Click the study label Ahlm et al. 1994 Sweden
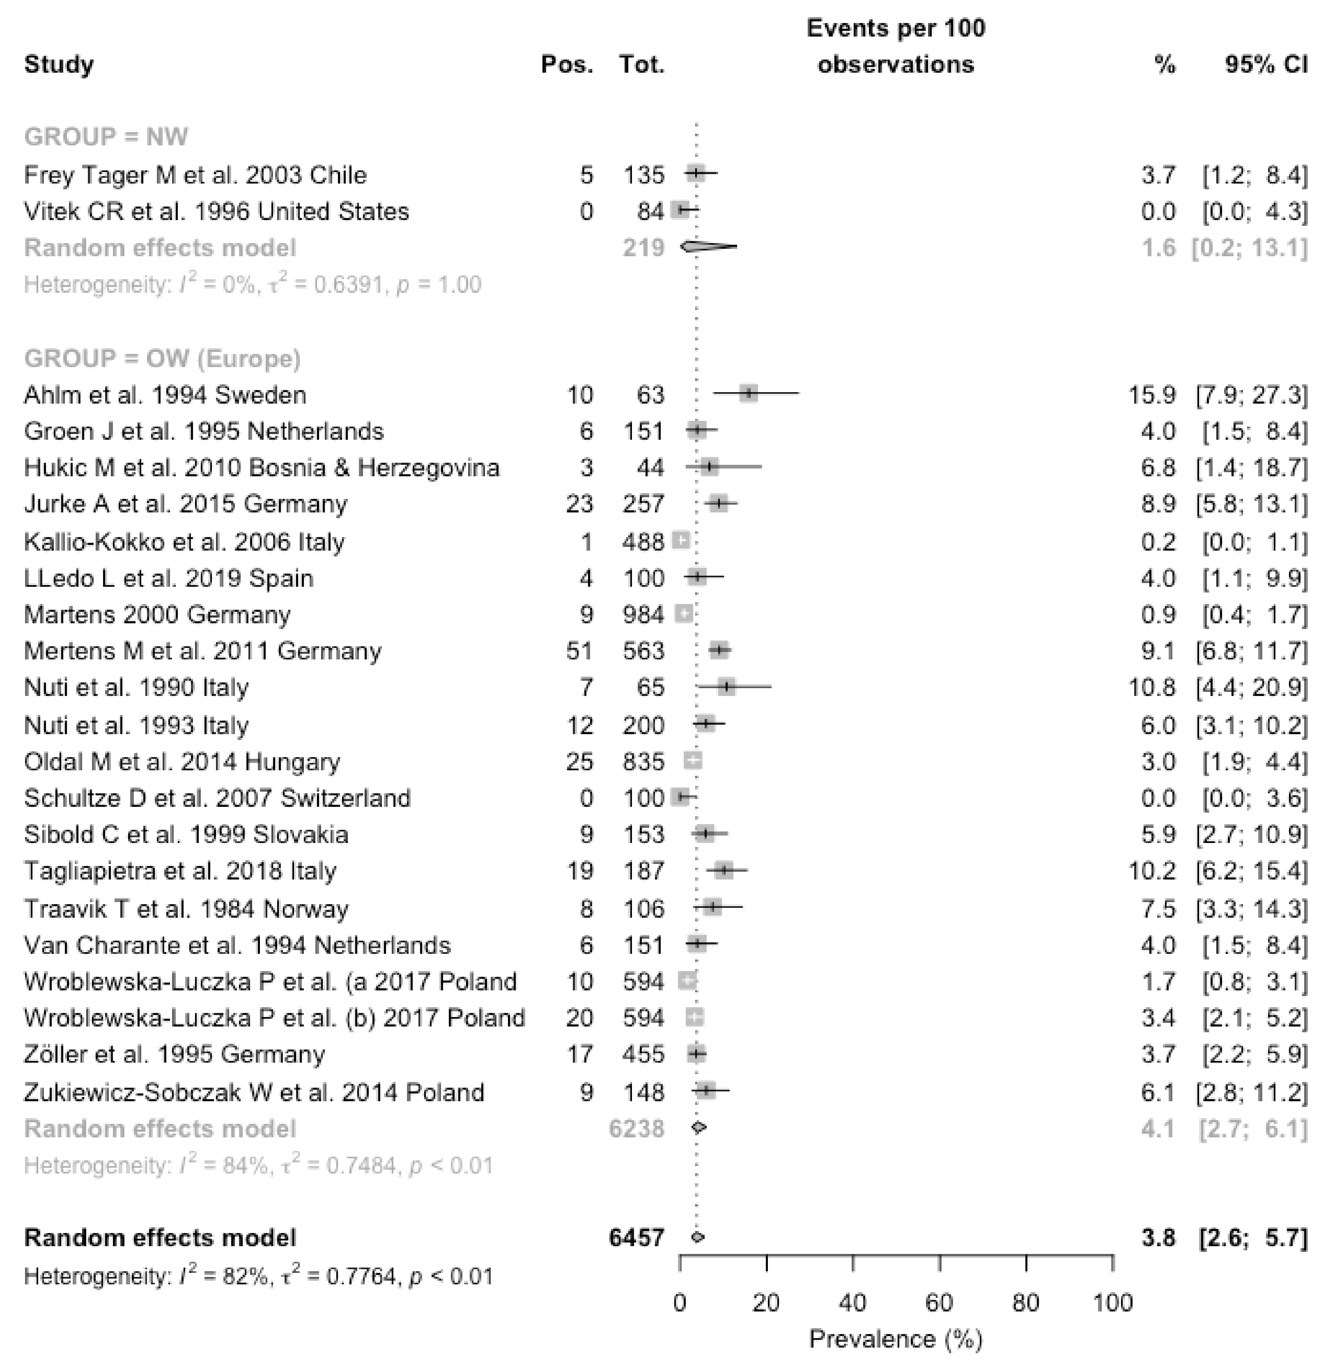tap(165, 395)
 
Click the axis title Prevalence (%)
tap(896, 1339)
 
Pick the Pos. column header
tap(567, 65)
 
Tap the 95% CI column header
tap(1266, 65)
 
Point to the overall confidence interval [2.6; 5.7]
tap(1252, 1238)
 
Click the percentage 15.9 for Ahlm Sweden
tap(1152, 395)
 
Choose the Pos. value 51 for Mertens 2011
tap(579, 651)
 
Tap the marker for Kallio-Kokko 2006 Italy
tap(681, 541)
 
